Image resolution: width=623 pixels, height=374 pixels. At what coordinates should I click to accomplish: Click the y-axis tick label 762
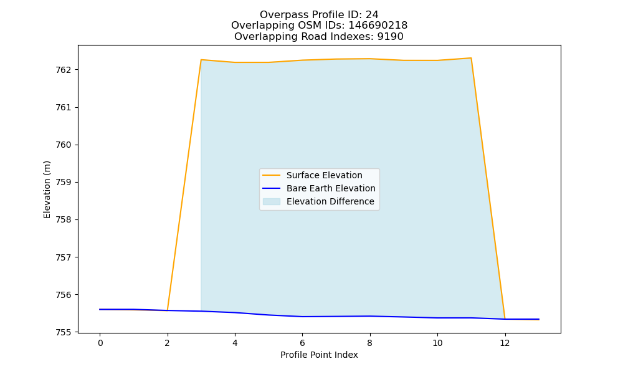point(63,70)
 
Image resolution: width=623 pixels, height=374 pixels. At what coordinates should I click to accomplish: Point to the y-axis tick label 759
point(63,183)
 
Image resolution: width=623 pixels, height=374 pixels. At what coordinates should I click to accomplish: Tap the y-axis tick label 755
point(63,332)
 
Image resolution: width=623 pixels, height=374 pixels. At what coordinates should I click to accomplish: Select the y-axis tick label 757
point(63,257)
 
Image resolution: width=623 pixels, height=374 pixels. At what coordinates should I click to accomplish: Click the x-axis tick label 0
point(100,343)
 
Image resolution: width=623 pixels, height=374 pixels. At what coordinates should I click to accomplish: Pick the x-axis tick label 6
point(302,343)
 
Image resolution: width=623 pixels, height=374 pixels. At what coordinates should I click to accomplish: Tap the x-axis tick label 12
point(505,343)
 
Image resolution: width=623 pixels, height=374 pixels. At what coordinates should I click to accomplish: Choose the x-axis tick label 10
point(437,343)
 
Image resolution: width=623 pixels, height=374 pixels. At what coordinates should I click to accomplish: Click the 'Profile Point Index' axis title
point(319,355)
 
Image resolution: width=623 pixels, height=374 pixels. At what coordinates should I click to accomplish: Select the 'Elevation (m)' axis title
point(47,189)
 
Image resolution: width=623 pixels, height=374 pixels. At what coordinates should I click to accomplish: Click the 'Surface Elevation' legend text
point(324,175)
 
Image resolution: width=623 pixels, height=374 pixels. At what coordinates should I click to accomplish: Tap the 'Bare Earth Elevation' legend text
point(331,188)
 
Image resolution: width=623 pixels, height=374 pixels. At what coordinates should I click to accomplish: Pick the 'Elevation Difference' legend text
point(330,201)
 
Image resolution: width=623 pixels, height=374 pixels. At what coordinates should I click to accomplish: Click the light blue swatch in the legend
point(272,201)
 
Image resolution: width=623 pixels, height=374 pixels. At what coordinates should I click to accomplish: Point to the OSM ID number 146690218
point(378,26)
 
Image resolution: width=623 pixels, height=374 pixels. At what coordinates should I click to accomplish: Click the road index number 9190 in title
point(390,37)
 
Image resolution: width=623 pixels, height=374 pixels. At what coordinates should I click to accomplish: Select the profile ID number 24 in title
point(372,15)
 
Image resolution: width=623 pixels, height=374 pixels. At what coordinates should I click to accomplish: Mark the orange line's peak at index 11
point(471,58)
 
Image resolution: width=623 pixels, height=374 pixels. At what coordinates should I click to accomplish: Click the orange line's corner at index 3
point(201,60)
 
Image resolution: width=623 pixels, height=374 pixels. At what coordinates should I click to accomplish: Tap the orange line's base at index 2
point(168,310)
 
